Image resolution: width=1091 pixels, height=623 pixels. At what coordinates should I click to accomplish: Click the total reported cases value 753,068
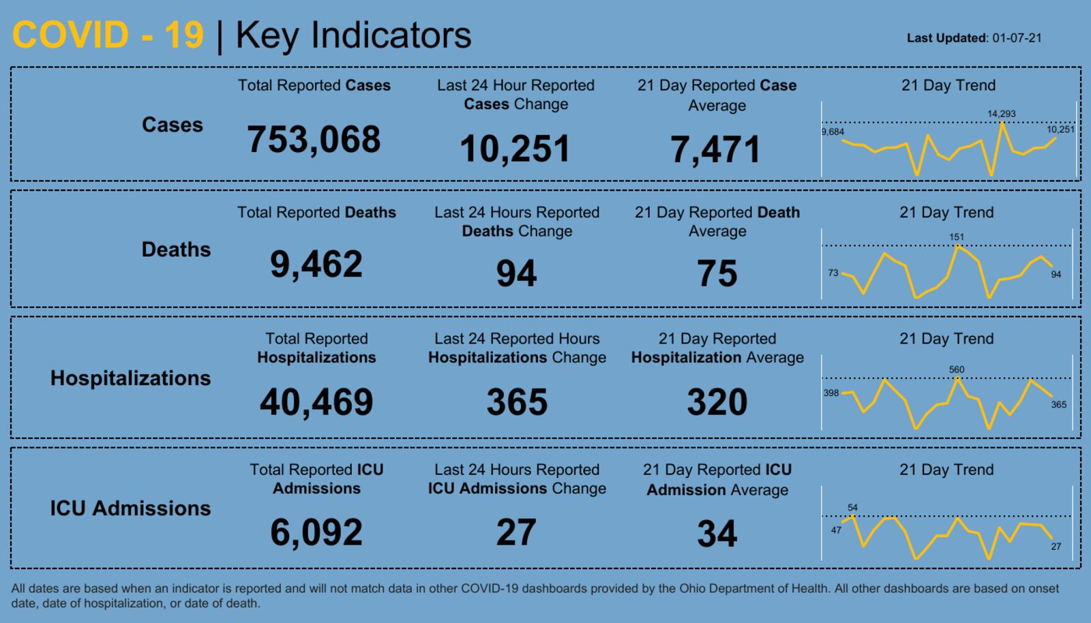(314, 140)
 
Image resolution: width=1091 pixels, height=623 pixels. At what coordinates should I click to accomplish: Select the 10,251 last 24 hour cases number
(515, 149)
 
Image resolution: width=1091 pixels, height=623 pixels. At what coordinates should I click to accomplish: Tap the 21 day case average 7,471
(715, 149)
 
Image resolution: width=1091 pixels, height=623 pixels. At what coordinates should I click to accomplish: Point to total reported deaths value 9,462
(316, 264)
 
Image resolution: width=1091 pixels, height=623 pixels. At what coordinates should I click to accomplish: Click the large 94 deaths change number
(516, 273)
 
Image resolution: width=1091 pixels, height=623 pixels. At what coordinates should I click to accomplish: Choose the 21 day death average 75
(717, 273)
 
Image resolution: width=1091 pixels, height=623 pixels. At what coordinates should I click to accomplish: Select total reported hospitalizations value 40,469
(316, 401)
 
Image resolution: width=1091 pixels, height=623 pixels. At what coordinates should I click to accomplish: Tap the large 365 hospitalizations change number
(517, 401)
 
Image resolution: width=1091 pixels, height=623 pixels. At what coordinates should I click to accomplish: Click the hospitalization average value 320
(717, 401)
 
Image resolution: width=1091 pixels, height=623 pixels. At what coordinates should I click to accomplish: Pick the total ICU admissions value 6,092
(316, 532)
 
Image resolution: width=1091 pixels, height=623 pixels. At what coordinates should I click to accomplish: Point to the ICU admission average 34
(717, 534)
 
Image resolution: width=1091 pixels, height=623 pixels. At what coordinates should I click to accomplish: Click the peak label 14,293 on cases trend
(1001, 114)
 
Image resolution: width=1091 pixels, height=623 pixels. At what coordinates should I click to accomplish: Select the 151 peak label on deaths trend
(957, 237)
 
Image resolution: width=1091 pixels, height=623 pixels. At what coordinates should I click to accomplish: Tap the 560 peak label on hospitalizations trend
(957, 369)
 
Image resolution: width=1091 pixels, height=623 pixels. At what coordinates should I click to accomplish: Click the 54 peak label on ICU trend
(852, 507)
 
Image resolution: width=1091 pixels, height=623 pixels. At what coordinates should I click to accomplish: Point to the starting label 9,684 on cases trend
(833, 132)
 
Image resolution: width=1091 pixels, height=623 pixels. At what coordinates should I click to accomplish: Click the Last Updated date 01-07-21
(1017, 38)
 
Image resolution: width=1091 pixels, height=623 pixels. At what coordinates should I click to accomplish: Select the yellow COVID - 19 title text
(108, 35)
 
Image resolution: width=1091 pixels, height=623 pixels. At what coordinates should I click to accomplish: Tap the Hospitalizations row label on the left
(130, 378)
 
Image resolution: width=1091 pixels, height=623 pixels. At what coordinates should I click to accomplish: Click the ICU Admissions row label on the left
(130, 508)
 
